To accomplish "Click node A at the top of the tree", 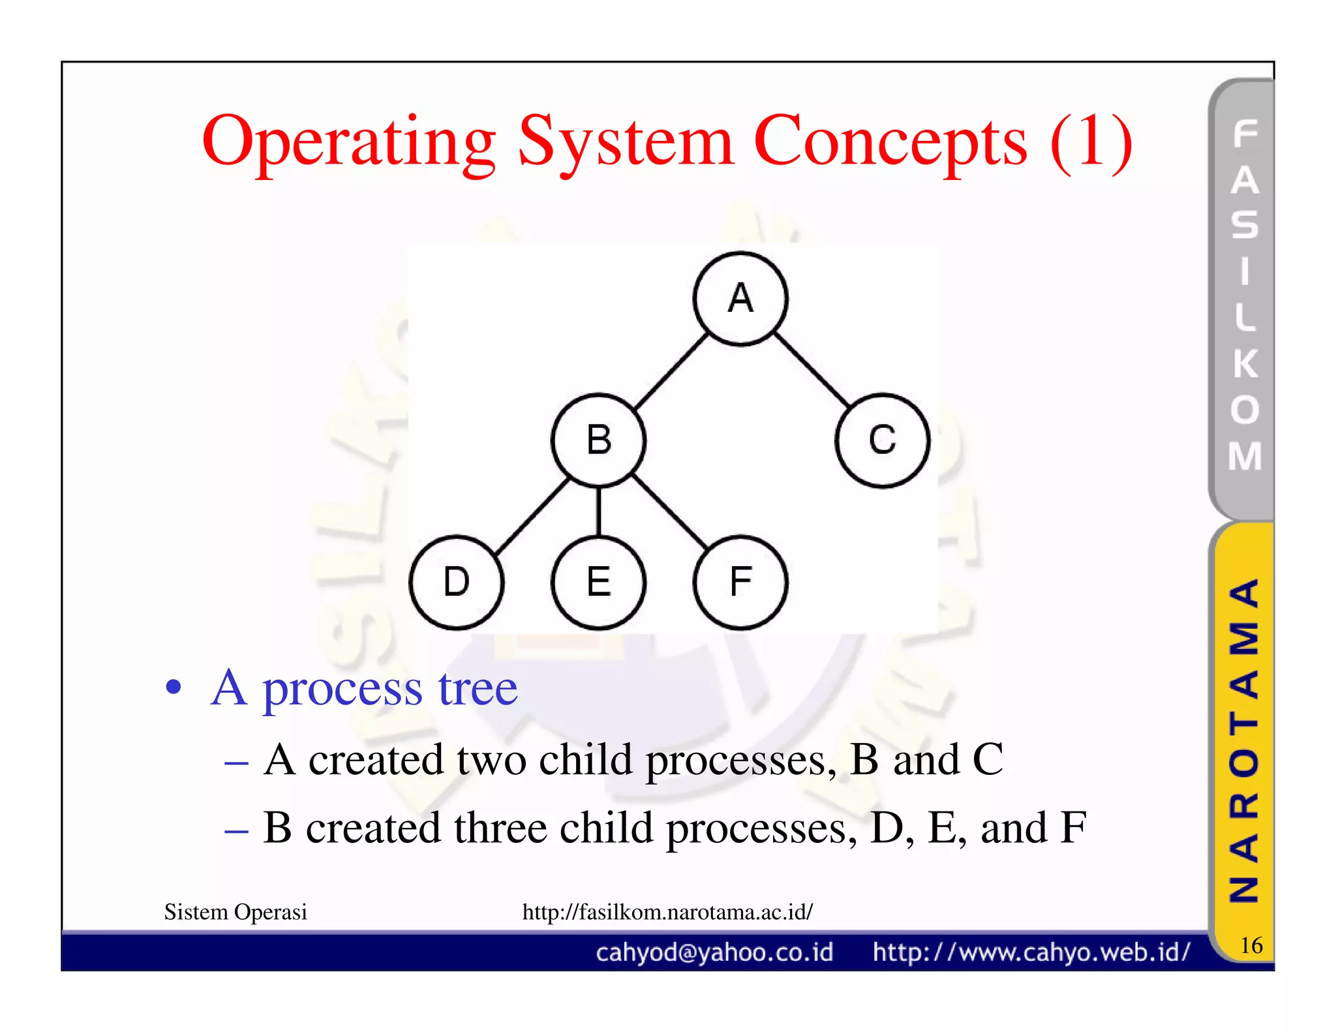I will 740,299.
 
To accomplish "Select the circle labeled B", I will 598,440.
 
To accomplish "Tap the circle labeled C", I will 882,440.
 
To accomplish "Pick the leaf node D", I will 456,582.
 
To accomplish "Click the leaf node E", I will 598,582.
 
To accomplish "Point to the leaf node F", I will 740,582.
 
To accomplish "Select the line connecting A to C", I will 812,370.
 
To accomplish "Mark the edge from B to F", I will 669,512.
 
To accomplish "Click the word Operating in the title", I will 349,142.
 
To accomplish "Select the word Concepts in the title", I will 890,142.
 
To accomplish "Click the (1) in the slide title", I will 1091,142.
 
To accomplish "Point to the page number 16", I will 1251,945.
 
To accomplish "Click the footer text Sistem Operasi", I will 235,911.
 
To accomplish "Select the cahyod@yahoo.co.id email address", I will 714,952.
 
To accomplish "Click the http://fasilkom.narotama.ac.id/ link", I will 667,911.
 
